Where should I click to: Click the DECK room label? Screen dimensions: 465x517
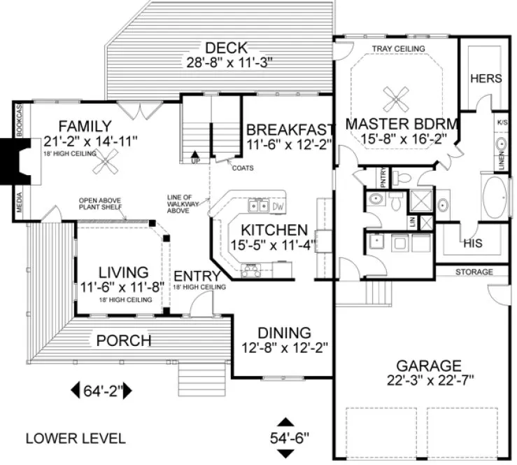[x=227, y=48]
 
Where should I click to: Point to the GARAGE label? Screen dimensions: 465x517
[x=428, y=366]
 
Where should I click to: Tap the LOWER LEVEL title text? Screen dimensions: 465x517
[x=76, y=438]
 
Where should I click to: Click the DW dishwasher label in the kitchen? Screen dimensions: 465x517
[x=277, y=207]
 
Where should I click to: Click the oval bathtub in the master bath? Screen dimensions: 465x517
[x=498, y=199]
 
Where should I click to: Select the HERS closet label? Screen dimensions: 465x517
[x=486, y=78]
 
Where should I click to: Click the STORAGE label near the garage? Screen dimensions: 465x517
[x=474, y=272]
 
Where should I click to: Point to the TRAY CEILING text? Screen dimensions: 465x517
[x=398, y=48]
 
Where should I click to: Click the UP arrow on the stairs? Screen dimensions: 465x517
[x=195, y=156]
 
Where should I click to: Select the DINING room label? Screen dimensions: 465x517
[x=283, y=332]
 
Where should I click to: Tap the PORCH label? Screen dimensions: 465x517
[x=123, y=341]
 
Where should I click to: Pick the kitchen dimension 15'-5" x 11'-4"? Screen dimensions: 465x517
[x=273, y=245]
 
